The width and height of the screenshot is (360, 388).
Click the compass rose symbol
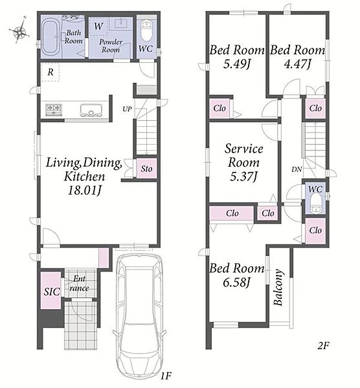point(19,31)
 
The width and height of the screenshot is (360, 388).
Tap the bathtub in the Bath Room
point(51,37)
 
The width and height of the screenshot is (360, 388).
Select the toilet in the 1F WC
point(146,31)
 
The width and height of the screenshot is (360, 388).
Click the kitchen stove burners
point(53,109)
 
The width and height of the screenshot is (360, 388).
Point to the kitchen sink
point(91,110)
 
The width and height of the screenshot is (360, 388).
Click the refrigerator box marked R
point(51,72)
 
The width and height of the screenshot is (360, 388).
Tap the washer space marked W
point(98,27)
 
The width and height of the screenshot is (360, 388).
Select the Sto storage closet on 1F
point(146,169)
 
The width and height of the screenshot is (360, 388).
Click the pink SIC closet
point(51,290)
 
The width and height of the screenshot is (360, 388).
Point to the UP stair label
point(127,109)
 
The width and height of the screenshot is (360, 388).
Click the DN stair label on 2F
point(297,169)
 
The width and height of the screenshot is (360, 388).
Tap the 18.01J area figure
point(84,191)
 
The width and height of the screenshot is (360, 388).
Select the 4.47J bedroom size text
point(297,64)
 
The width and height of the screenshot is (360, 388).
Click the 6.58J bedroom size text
point(236,282)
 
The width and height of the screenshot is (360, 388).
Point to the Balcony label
point(278,287)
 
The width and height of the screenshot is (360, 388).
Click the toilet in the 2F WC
point(315,202)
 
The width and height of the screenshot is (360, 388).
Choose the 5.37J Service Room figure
point(244,177)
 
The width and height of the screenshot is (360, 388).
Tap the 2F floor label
point(323,345)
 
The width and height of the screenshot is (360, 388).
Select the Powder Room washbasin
point(122,24)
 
